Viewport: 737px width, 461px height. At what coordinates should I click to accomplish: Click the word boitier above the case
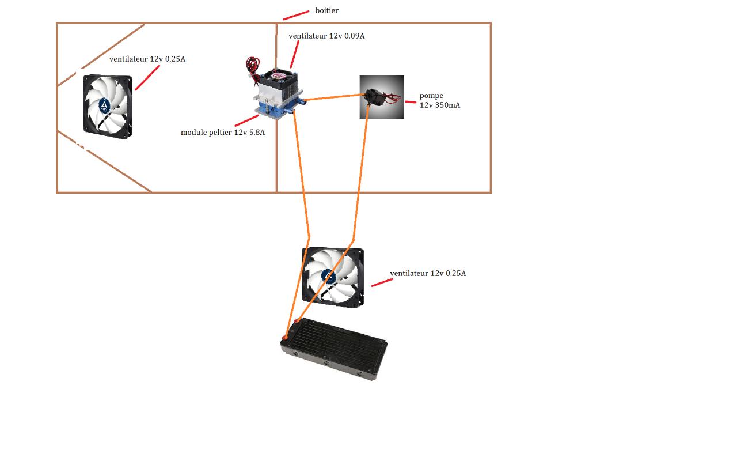click(x=326, y=10)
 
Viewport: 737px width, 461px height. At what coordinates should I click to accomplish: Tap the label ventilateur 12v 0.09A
click(x=326, y=36)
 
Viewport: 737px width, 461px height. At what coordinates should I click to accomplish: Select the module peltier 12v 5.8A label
click(x=223, y=132)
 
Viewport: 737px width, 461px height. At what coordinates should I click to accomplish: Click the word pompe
click(x=431, y=96)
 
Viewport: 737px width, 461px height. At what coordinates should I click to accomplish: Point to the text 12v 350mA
click(x=440, y=105)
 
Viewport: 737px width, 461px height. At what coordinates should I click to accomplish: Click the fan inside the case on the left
click(x=108, y=107)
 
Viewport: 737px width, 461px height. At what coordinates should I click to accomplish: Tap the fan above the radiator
click(x=333, y=277)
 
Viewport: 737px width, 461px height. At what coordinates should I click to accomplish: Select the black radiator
click(x=334, y=349)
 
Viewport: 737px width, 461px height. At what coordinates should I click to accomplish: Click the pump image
click(x=382, y=97)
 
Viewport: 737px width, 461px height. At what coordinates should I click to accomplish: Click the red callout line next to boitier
click(x=296, y=14)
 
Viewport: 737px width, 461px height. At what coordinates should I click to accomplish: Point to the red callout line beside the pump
click(x=411, y=102)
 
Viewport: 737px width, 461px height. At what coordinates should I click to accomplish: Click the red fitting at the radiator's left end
click(x=286, y=337)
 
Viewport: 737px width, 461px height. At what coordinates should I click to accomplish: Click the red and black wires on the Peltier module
click(x=252, y=66)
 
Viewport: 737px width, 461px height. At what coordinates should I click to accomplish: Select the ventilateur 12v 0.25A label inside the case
click(x=147, y=59)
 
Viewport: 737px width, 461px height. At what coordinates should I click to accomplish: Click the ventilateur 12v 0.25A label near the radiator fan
click(x=428, y=273)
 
